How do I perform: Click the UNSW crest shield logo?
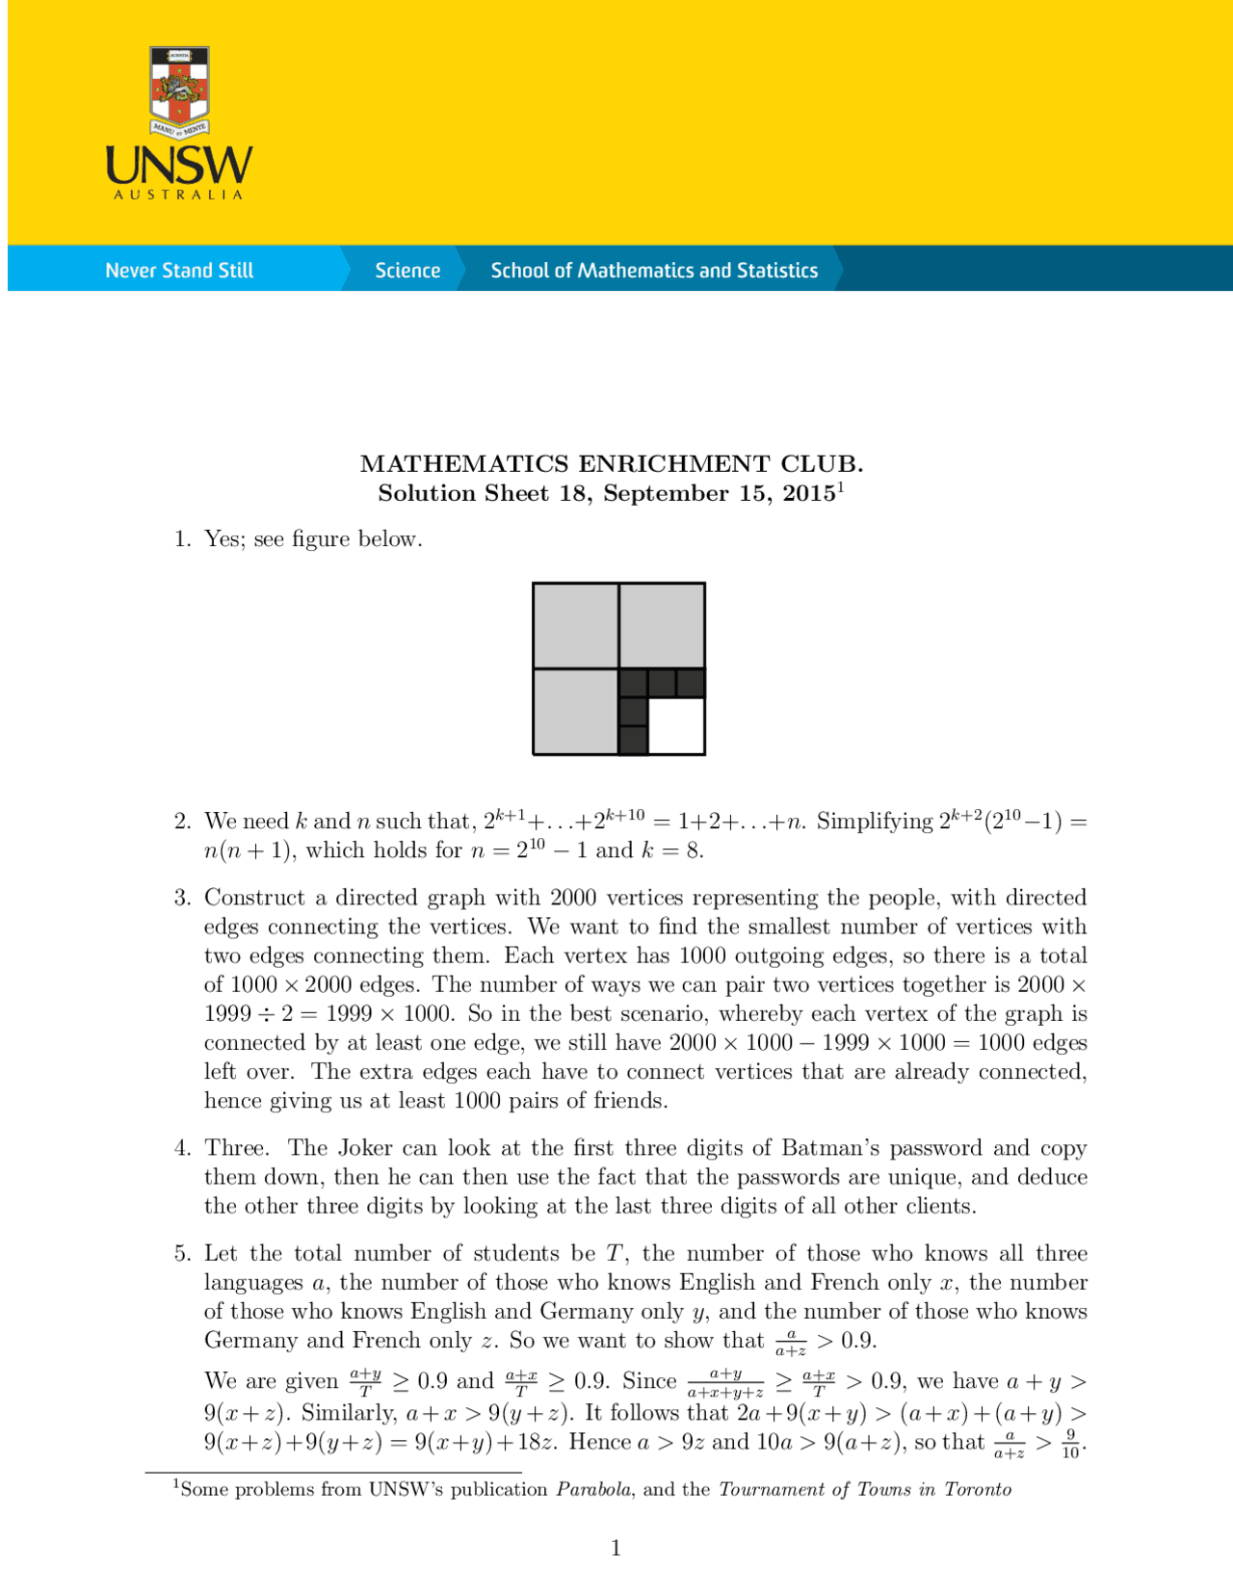coord(180,89)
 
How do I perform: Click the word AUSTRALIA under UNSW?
coord(179,196)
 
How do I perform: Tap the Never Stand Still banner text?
coord(179,271)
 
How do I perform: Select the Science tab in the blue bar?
coord(407,271)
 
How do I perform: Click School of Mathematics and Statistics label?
coord(654,271)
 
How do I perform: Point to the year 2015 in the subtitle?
coord(808,494)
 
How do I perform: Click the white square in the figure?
coord(676,725)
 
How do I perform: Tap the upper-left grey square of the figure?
coord(576,625)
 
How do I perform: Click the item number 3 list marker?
coord(182,898)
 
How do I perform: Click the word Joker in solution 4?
coord(365,1148)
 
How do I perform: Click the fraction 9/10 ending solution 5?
coord(1070,1444)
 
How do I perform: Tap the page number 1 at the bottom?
coord(616,1549)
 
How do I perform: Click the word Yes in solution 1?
coord(223,539)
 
